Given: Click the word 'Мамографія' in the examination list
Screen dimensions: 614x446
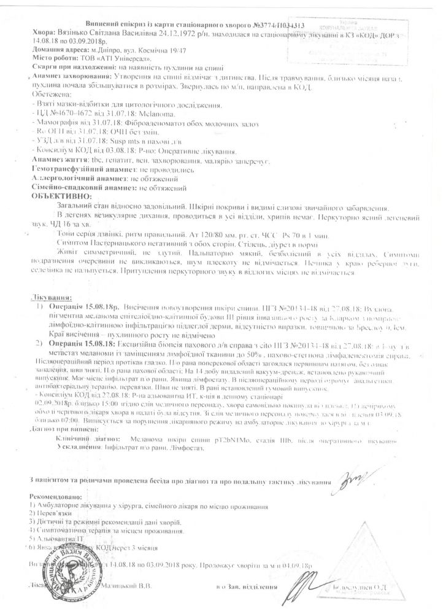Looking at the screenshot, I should click(x=54, y=123).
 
